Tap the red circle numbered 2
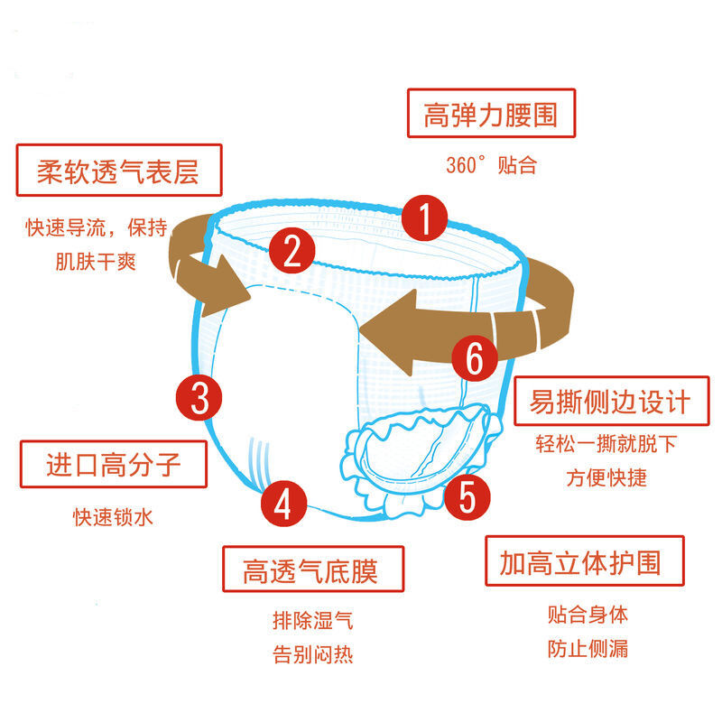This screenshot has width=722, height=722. point(292,251)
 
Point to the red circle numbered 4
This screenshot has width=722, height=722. point(283,503)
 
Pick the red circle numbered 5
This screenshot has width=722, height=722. point(467,494)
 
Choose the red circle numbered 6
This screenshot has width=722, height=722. point(475,358)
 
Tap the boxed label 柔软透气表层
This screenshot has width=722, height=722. point(118,170)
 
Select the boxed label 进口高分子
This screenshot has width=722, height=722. point(114,465)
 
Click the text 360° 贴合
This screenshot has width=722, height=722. point(490,165)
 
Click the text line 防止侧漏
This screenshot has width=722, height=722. point(587,648)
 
